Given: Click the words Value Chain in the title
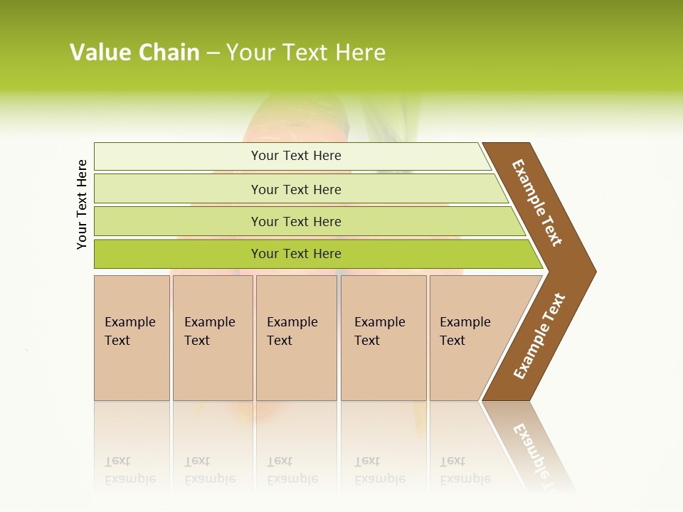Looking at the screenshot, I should click(x=134, y=53).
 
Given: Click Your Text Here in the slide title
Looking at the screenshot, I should click(x=306, y=53).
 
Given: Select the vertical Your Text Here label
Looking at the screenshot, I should click(x=82, y=204).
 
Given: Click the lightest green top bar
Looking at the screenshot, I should click(x=295, y=156).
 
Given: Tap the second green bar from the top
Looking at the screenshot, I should click(x=295, y=189).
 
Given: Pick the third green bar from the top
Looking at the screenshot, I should click(x=295, y=221).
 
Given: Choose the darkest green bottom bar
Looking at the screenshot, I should click(x=295, y=254).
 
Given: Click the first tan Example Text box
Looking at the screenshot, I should click(x=132, y=338).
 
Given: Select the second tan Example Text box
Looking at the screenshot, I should click(x=213, y=338).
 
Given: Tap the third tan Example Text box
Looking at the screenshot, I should click(x=296, y=338).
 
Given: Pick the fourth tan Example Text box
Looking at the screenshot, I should click(x=383, y=338).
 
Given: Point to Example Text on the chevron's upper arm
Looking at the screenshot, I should click(x=537, y=203).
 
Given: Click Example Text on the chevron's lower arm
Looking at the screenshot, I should click(x=539, y=336).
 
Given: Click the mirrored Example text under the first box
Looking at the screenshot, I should click(x=129, y=478).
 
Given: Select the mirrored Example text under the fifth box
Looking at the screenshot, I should click(x=465, y=478).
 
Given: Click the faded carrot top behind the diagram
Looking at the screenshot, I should click(x=299, y=117).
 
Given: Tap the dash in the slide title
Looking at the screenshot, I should click(x=213, y=53).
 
